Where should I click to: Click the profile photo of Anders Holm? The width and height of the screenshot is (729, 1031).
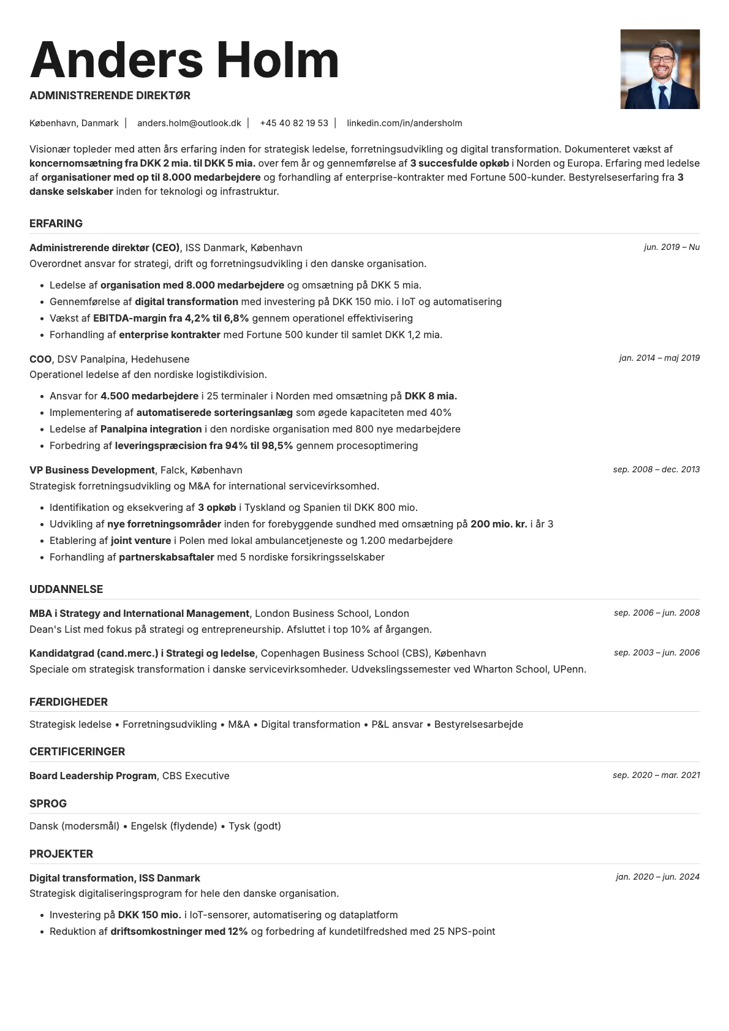point(660,69)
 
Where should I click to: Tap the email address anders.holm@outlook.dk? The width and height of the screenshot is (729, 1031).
point(189,123)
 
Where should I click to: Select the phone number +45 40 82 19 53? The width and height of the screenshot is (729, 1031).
point(294,123)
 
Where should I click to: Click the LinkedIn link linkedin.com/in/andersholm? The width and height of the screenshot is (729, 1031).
point(404,123)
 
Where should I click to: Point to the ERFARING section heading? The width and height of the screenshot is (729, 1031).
point(56,224)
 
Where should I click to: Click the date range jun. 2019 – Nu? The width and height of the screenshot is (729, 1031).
point(671,247)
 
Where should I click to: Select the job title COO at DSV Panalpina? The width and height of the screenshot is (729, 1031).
point(40,359)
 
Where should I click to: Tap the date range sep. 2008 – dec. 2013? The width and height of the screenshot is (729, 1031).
point(656,470)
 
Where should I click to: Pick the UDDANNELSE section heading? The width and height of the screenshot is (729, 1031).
point(66,589)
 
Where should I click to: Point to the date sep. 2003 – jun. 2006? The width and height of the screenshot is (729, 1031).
point(657,653)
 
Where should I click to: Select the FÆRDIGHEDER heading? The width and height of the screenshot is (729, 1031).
point(69,702)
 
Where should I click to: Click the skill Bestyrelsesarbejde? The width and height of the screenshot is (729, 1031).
point(478,725)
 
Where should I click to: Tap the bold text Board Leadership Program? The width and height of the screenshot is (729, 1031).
point(93,776)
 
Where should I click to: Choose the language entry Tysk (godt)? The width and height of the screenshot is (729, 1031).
point(255,826)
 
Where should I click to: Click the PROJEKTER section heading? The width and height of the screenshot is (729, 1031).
point(61,854)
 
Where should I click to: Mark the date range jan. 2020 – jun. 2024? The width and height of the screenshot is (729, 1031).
point(657,877)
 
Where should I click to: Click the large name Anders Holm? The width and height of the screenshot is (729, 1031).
point(184,60)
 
